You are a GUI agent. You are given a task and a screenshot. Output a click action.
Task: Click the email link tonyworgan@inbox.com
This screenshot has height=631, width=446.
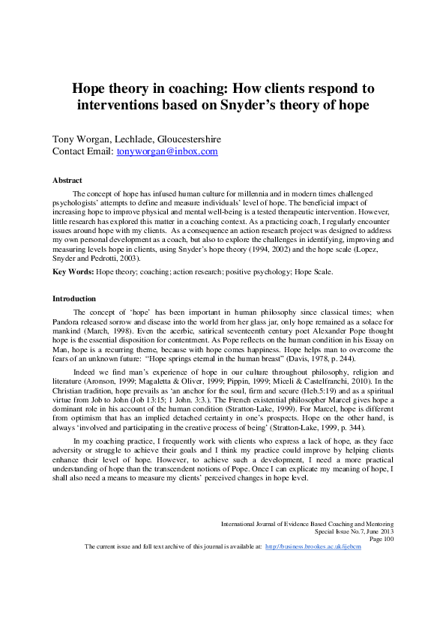point(167,151)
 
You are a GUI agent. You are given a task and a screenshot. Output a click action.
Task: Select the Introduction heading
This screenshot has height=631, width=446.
point(73,298)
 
